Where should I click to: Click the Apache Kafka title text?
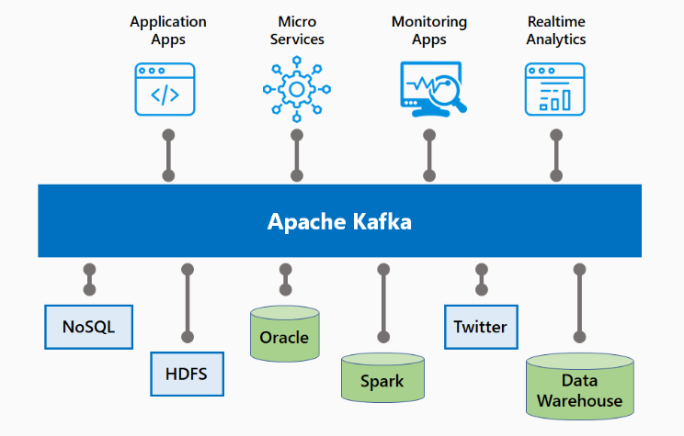339,221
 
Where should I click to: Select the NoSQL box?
88,327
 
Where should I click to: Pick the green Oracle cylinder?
284,336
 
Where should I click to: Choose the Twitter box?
480,327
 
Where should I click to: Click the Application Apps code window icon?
165,89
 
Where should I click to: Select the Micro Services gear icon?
295,89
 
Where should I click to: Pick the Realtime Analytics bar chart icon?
554,89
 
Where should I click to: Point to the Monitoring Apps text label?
428,30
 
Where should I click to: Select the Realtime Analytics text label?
556,30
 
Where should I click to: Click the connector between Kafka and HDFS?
188,303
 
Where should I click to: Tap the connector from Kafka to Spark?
383,303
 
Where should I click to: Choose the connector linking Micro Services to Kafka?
297,154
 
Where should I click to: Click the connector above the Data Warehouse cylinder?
579,303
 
